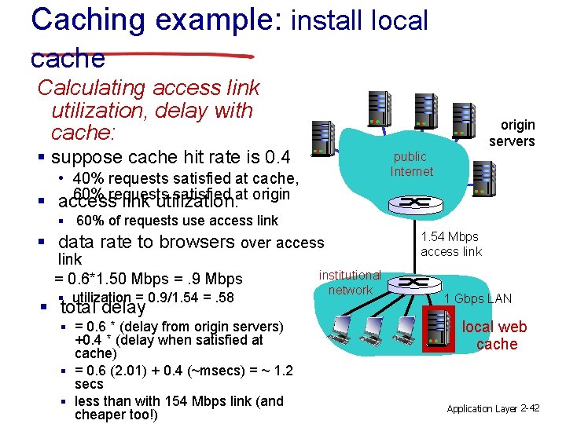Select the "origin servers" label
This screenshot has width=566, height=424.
[512, 133]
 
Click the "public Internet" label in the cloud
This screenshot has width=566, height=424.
[411, 164]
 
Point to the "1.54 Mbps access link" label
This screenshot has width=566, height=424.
[450, 244]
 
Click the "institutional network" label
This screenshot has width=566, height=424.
[350, 283]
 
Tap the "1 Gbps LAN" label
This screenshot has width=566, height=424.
[478, 298]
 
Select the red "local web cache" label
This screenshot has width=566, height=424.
[495, 335]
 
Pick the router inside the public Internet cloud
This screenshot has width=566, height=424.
[410, 202]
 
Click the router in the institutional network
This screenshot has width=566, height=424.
[410, 282]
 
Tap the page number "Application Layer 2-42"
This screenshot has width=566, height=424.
[493, 408]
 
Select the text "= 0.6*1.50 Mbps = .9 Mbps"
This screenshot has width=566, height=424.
[148, 279]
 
